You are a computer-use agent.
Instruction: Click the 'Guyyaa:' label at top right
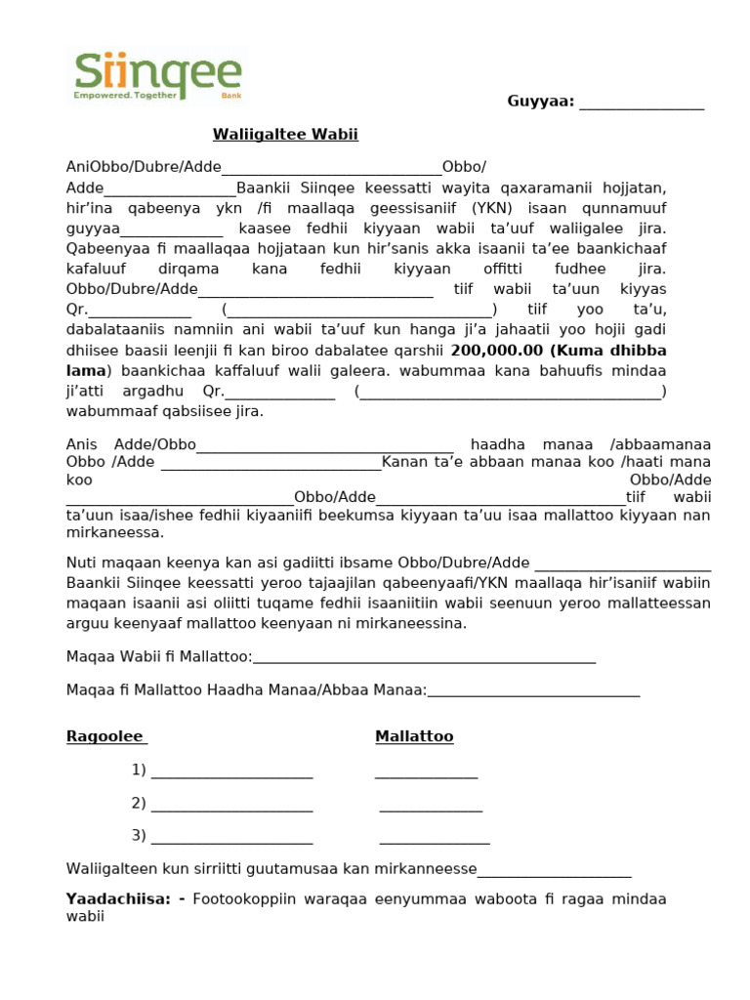click(540, 103)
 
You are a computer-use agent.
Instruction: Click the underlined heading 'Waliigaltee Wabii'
click(278, 135)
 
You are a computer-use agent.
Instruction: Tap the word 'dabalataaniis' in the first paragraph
click(111, 329)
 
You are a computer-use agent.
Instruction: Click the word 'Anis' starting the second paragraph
click(83, 444)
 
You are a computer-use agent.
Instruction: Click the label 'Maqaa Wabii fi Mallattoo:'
click(159, 656)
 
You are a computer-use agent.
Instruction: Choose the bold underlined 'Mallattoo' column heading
click(414, 736)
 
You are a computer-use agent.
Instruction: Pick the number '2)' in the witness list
click(139, 803)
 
